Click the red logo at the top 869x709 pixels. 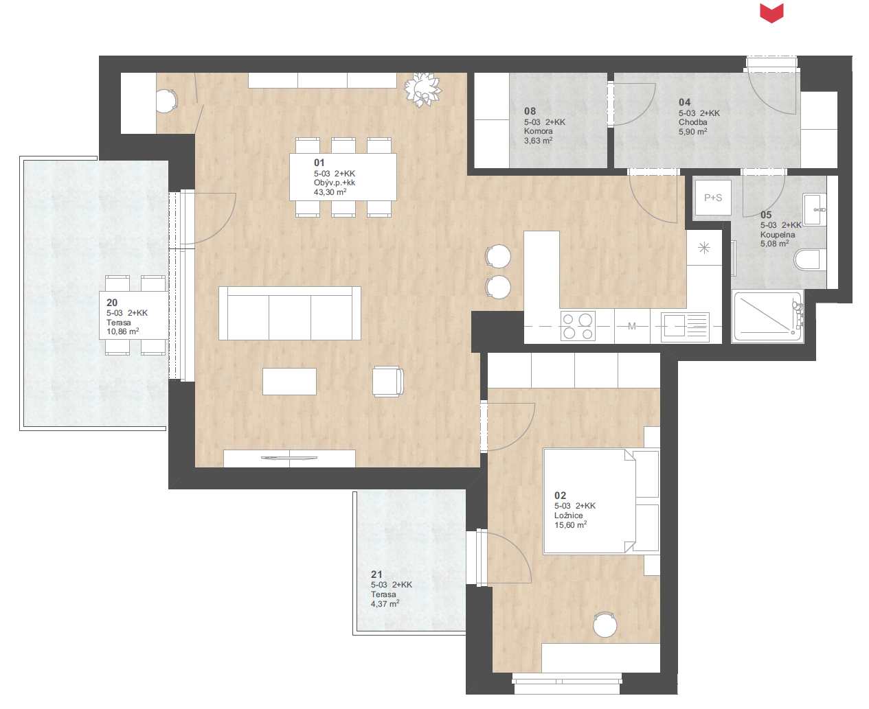point(771,13)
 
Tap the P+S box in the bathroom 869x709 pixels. point(713,198)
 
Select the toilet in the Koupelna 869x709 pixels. point(810,259)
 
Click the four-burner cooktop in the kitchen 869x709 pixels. point(578,326)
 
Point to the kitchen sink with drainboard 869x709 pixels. point(685,327)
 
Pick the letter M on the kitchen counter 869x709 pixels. point(632,326)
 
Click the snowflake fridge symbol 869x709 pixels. point(704,248)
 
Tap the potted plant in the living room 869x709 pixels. point(422,90)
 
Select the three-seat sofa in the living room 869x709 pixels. point(290,314)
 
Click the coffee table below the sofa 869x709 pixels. point(289,381)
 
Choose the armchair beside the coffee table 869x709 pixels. point(388,382)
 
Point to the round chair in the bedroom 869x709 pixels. point(605,625)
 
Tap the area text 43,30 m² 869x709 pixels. point(330,192)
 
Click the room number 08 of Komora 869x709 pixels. point(530,111)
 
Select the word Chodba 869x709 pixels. point(692,122)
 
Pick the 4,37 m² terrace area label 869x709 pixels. point(385,603)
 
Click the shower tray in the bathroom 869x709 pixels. point(767,316)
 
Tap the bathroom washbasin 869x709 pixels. point(815,209)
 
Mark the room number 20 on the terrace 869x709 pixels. point(112,303)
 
